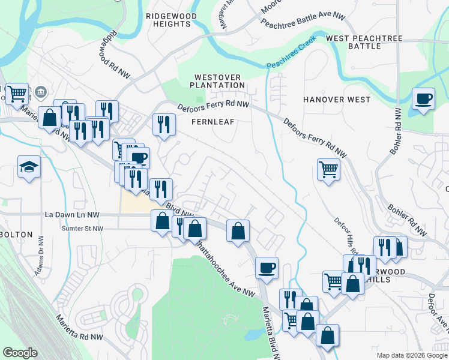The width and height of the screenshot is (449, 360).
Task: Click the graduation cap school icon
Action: click(x=29, y=166)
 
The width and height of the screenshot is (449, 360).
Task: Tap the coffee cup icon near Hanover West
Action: click(x=423, y=99)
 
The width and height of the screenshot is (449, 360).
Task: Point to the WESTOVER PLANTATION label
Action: click(x=219, y=81)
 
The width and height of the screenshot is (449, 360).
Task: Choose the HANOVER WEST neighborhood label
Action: click(x=337, y=99)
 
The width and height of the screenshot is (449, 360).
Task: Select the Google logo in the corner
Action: click(x=20, y=353)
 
